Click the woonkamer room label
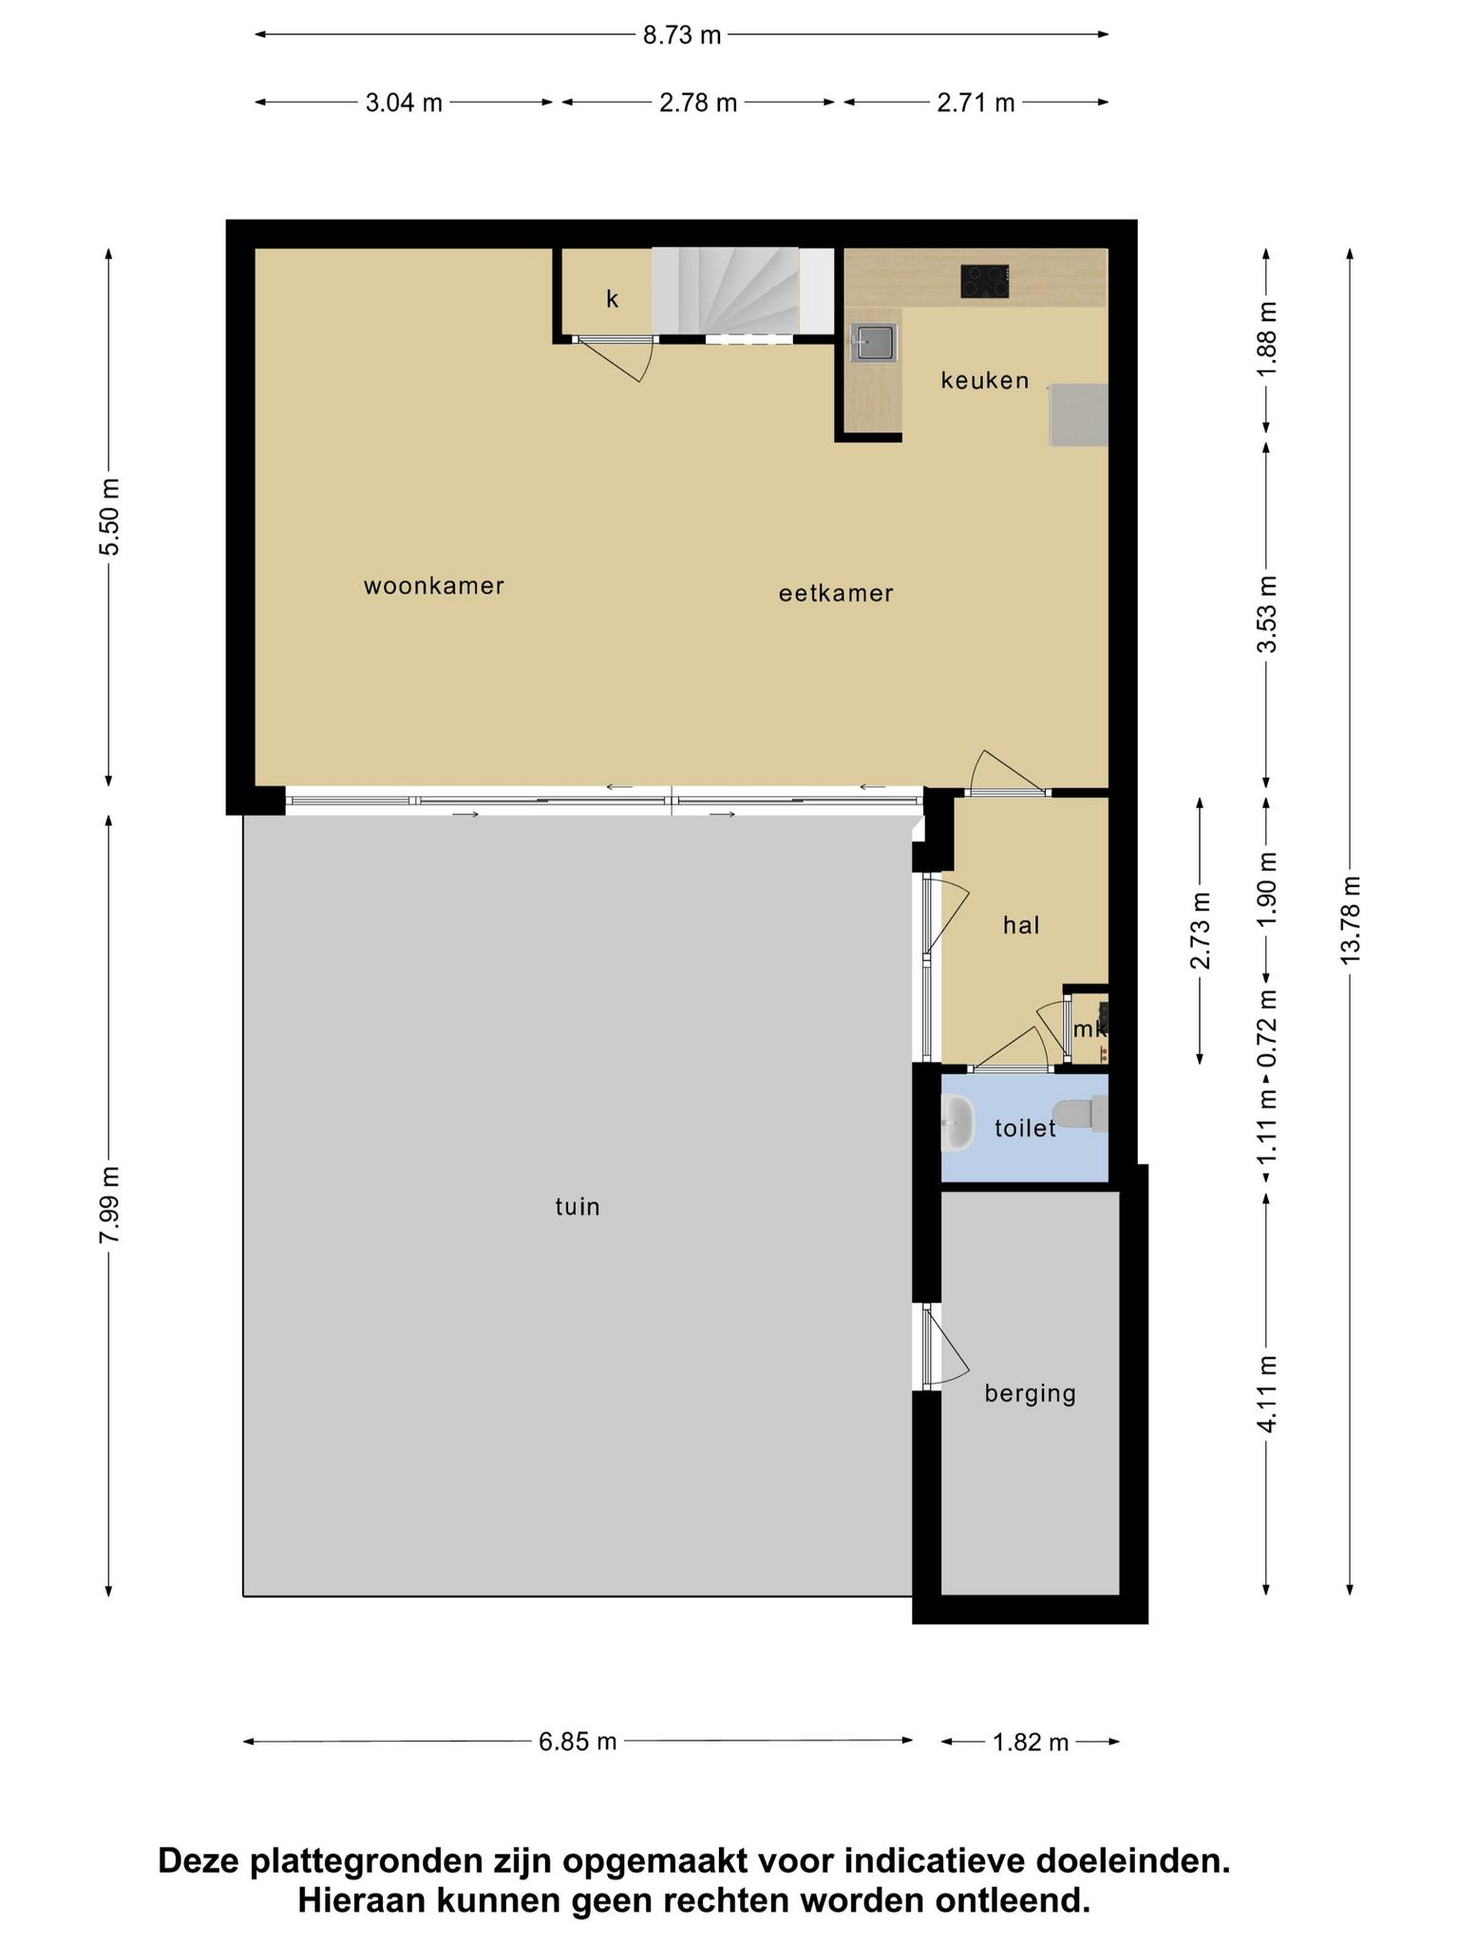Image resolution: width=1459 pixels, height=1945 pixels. pos(433,586)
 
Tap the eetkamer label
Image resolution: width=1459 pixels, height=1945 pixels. pos(836,594)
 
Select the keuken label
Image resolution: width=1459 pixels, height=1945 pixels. pos(985,381)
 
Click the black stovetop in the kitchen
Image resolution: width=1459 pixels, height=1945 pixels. pos(984,282)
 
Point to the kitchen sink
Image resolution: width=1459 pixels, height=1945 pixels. pos(873,343)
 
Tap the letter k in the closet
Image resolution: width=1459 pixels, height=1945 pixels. pos(613,299)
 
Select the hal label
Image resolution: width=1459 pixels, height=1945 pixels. pos(1021,925)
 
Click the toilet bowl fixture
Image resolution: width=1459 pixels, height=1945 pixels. pos(1081,1114)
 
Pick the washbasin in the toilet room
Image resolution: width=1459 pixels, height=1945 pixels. pos(957,1123)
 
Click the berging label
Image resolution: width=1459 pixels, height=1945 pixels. pos(1030,1394)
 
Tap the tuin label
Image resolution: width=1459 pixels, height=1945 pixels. pos(578,1207)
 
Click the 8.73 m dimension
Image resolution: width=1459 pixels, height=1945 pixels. pos(682,35)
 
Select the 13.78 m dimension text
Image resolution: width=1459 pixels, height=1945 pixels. pos(1350,920)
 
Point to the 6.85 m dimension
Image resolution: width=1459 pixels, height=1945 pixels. pos(578,1742)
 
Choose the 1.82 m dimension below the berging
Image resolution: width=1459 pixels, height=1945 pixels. pos(1030,1742)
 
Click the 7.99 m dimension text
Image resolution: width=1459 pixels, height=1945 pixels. pos(109,1204)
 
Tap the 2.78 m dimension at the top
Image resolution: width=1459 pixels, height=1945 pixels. pos(698,103)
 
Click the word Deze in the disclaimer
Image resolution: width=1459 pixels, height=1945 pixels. pos(199,1860)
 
